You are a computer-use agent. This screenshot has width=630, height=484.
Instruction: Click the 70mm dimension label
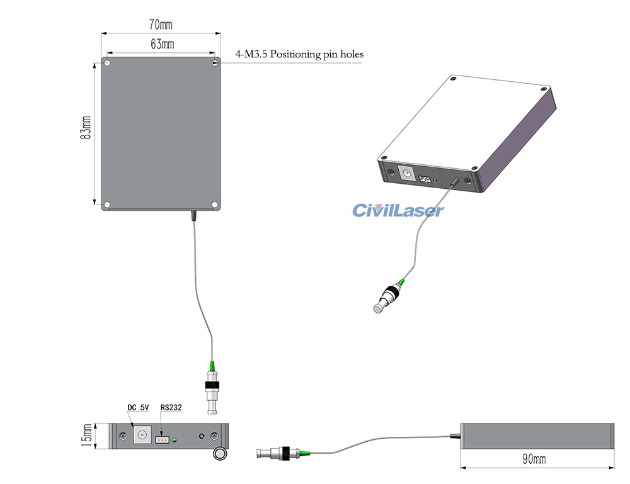161,25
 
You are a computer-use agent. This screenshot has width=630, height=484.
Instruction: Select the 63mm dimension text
162,44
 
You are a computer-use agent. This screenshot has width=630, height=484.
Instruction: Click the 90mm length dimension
535,459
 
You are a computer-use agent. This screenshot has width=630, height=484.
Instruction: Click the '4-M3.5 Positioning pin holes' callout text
299,55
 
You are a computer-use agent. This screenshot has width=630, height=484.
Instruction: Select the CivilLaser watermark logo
398,210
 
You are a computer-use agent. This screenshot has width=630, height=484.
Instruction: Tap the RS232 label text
171,408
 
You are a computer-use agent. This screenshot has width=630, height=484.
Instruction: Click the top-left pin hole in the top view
108,63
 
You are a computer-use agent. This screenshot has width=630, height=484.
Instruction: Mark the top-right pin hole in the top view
215,62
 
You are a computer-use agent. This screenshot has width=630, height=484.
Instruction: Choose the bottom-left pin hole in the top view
108,205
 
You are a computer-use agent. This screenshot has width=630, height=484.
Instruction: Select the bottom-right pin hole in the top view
215,205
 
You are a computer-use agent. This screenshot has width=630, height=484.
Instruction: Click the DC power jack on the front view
142,436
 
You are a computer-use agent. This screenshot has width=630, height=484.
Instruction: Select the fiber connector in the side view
280,452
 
